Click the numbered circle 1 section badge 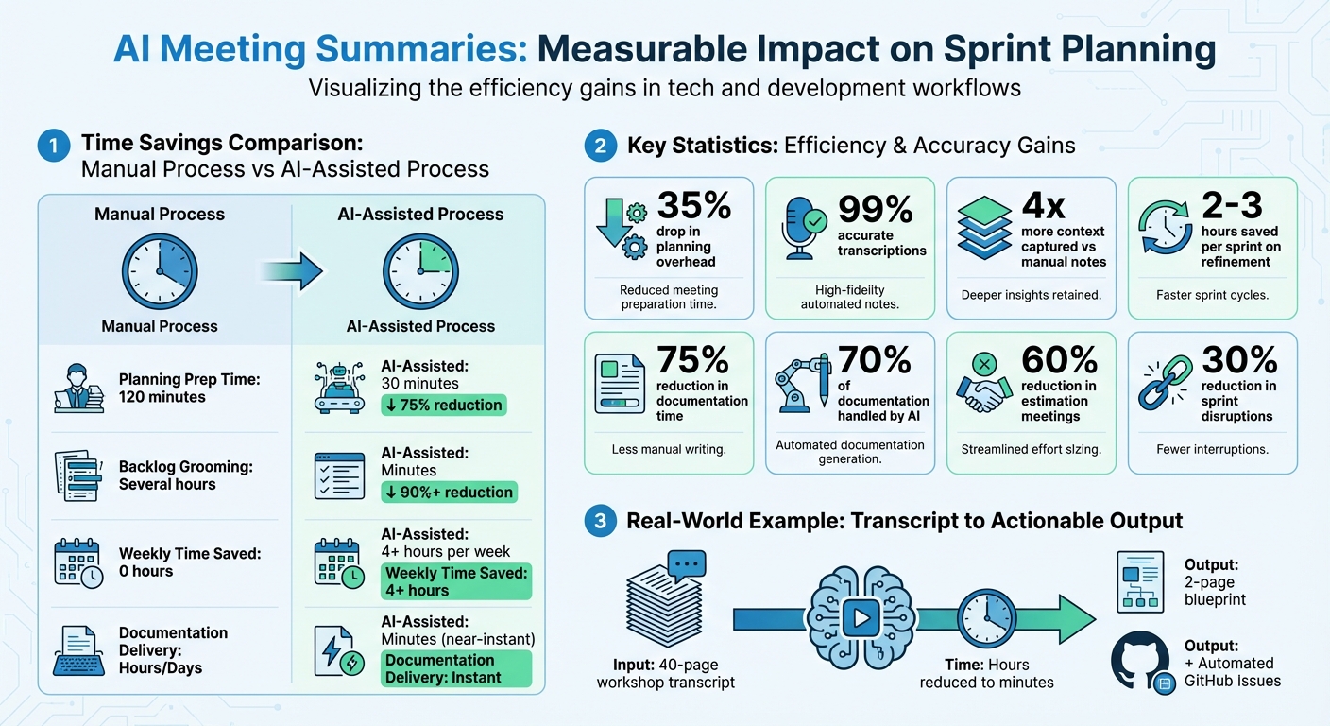click(x=53, y=146)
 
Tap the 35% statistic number click(x=694, y=206)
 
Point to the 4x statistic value click(x=1043, y=206)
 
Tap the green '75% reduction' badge click(x=443, y=406)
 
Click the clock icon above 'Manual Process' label click(x=159, y=271)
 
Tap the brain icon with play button click(x=860, y=618)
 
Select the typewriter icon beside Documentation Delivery click(x=79, y=650)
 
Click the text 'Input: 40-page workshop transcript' click(x=666, y=673)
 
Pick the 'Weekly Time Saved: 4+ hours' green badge click(x=456, y=581)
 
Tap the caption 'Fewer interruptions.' click(x=1212, y=449)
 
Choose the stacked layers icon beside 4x click(x=983, y=228)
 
